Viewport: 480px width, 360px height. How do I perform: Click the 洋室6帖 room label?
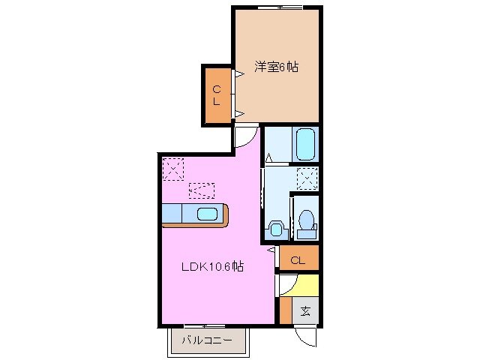coord(275,67)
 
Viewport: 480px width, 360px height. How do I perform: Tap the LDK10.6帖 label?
coord(211,266)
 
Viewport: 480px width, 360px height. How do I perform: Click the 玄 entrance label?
coord(305,311)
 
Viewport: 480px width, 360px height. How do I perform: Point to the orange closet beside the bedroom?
coord(216,95)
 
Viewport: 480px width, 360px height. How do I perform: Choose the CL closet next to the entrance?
coord(298,260)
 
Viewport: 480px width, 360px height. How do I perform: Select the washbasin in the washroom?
coord(275,229)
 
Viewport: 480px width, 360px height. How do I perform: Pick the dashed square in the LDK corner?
coord(173,168)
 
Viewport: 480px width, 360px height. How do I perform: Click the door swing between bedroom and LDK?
coord(244,136)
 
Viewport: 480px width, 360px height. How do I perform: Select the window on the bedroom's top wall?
coord(279,7)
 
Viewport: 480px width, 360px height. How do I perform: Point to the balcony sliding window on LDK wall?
coord(205,325)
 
